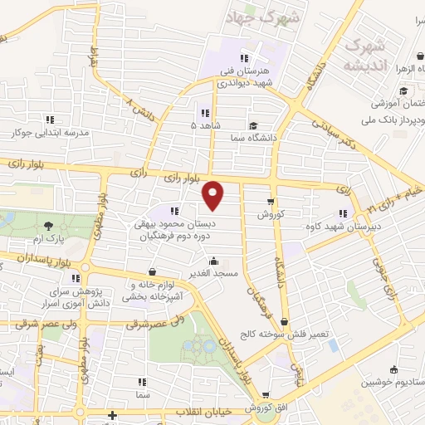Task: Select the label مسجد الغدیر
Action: click(215, 272)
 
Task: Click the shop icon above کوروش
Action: click(271, 202)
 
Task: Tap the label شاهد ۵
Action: click(205, 125)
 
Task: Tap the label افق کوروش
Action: click(265, 408)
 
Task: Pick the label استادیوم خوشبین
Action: click(393, 383)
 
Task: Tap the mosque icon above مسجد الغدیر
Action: click(215, 260)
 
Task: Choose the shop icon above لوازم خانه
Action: click(151, 271)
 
